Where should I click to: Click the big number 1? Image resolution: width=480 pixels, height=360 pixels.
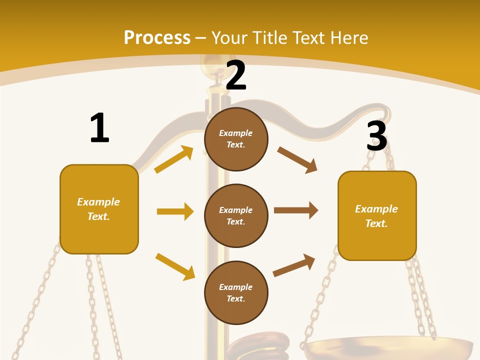(x=99, y=128)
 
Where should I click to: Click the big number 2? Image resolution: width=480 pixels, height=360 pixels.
(x=236, y=75)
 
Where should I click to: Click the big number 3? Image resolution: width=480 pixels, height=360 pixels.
(x=377, y=136)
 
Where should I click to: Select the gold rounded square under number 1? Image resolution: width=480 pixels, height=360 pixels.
(x=99, y=209)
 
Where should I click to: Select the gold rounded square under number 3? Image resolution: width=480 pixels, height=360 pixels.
(x=377, y=215)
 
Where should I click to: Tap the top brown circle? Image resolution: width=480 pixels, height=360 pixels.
(x=236, y=139)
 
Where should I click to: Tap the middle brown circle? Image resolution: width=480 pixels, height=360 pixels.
(x=236, y=215)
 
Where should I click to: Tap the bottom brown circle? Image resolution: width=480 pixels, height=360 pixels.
(x=236, y=292)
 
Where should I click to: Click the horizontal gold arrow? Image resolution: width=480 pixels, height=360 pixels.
(x=175, y=211)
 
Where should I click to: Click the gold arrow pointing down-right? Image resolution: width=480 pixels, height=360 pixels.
(x=175, y=266)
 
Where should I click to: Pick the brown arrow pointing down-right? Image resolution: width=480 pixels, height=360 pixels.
(x=297, y=160)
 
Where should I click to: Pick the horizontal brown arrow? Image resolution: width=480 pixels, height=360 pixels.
(x=296, y=210)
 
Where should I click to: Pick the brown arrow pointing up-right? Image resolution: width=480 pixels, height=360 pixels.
(x=294, y=265)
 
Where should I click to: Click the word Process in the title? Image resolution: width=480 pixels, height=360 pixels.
(x=157, y=37)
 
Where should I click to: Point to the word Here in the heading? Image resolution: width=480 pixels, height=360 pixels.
(x=347, y=37)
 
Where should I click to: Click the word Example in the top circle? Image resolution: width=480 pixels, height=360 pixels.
(x=236, y=133)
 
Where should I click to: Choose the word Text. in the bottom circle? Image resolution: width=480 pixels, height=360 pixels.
(x=236, y=298)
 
